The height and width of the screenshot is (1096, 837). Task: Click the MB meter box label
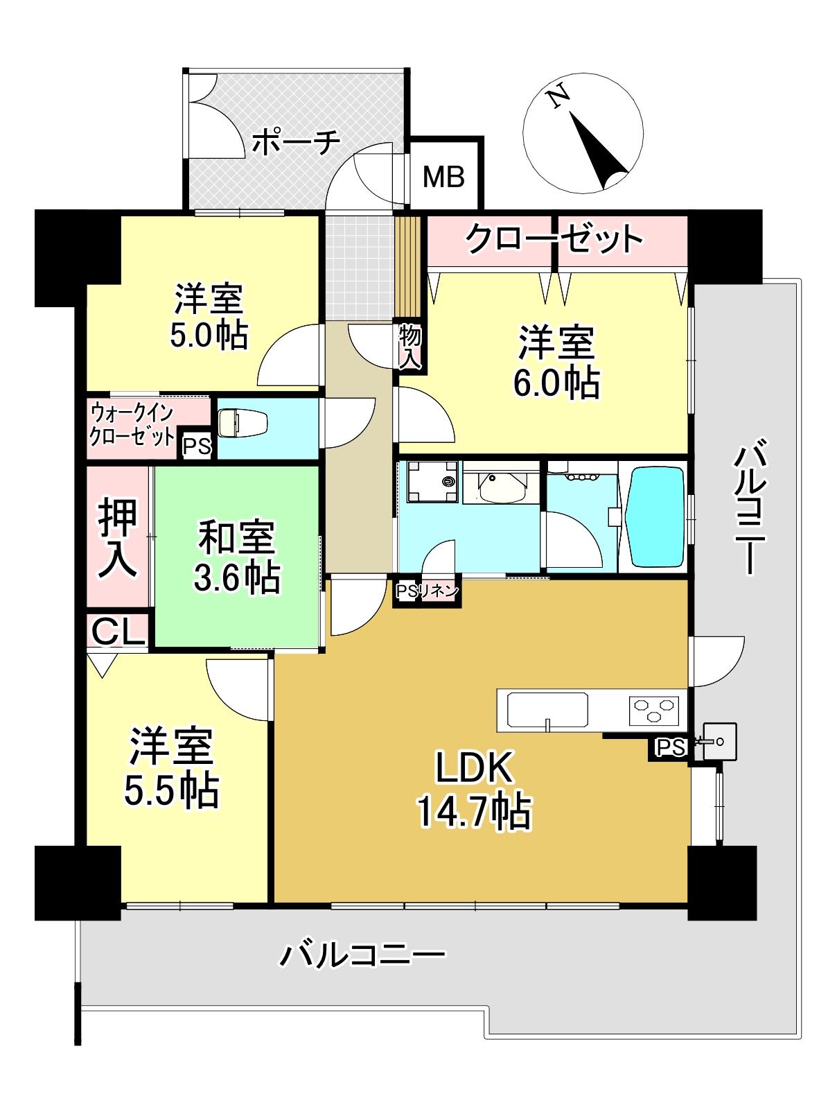[x=443, y=177]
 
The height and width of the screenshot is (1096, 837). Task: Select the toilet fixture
[x=243, y=423]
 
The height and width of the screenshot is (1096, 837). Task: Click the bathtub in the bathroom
[x=656, y=516]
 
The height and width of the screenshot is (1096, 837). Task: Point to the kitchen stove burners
[x=654, y=710]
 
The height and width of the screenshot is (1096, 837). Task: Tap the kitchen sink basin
[x=547, y=710]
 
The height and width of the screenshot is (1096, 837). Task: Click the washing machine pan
[x=432, y=482]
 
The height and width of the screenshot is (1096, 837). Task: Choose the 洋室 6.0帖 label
[x=556, y=362]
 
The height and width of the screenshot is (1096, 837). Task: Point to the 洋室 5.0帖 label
[x=209, y=317]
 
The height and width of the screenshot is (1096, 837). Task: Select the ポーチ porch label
[x=295, y=143]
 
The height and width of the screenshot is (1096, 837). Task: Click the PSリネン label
[x=427, y=592]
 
